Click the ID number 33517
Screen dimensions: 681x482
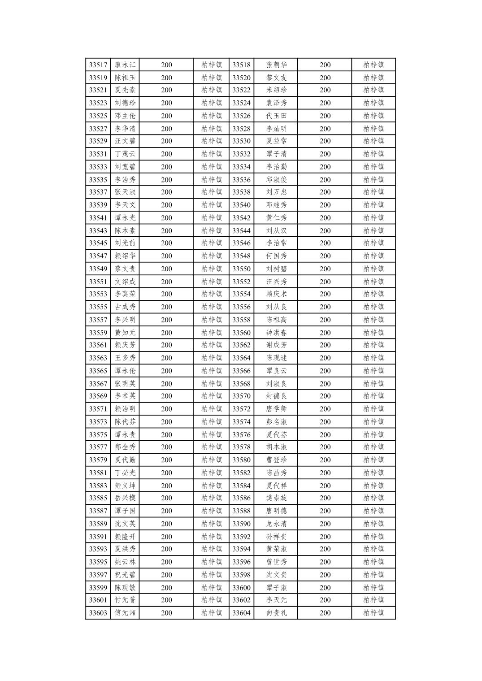98,65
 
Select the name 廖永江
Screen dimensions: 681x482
125,65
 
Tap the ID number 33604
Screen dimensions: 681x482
241,613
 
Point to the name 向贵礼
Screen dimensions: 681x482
276,613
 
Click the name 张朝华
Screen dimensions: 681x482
276,65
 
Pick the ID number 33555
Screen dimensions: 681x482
98,307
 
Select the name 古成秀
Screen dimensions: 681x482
125,307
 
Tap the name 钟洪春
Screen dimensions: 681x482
276,333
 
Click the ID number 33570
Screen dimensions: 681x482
241,396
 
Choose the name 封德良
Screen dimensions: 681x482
276,396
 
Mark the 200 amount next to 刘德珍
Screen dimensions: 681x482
166,103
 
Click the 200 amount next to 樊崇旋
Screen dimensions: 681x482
325,498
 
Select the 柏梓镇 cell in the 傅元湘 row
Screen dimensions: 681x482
211,613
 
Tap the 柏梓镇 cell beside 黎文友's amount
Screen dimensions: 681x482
373,78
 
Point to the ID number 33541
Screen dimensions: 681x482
98,218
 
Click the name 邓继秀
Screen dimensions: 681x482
276,205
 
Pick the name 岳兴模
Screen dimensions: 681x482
125,498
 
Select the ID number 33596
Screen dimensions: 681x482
241,562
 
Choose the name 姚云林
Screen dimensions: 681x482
125,562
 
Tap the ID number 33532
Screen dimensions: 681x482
241,154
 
